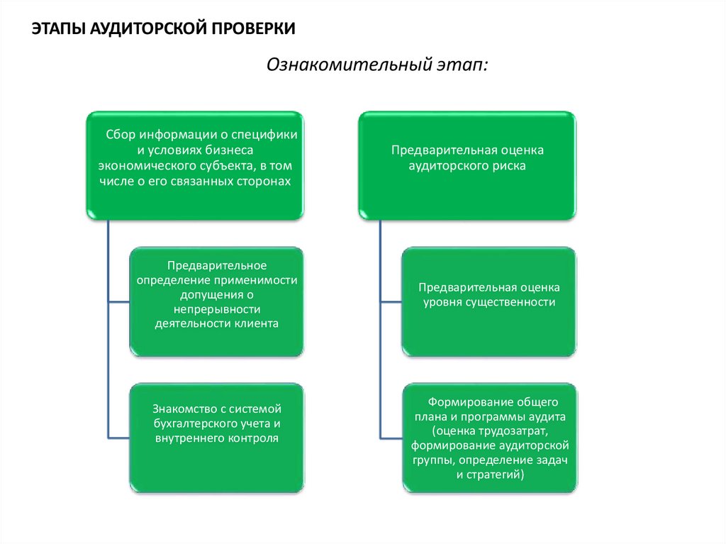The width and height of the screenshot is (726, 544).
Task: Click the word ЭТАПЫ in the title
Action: [x=55, y=29]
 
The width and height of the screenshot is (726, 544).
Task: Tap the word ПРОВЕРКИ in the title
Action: [x=252, y=29]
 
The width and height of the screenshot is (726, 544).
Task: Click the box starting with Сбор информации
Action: [x=194, y=164]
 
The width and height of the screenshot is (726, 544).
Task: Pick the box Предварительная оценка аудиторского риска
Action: [x=467, y=164]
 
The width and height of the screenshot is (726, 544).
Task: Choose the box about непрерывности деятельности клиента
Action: [x=216, y=301]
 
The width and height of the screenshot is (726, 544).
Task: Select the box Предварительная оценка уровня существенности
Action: [x=489, y=301]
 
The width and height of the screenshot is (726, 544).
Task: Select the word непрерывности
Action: [x=217, y=309]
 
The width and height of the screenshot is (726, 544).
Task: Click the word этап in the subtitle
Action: [x=464, y=65]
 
